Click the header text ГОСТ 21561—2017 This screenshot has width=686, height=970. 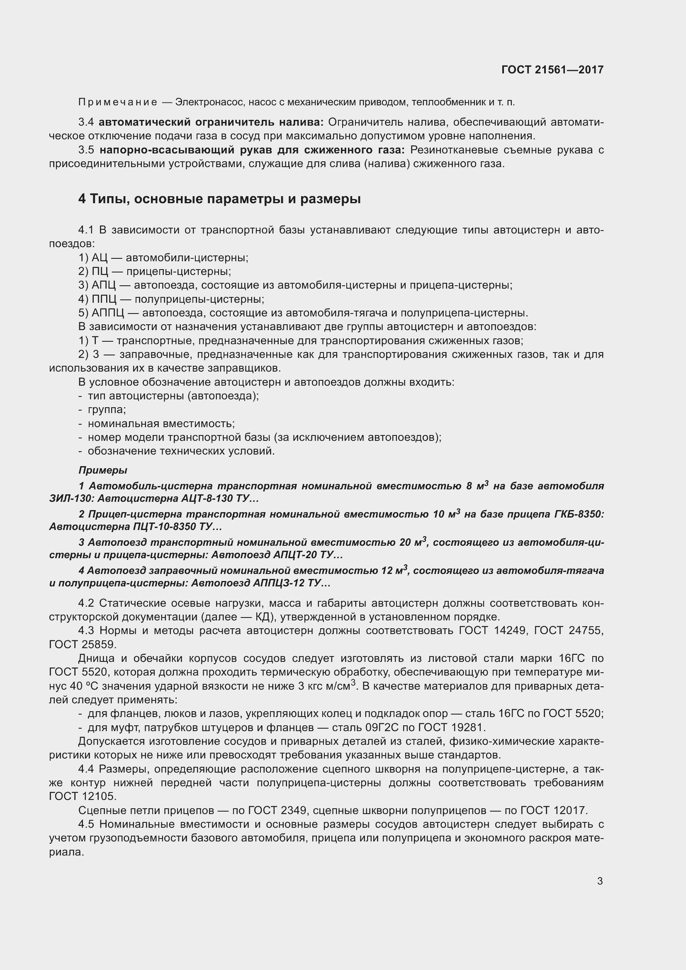click(552, 70)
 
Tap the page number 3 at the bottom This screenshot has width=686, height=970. click(600, 881)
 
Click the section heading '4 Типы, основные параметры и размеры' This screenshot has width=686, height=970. click(219, 199)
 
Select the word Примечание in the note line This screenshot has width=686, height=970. click(118, 102)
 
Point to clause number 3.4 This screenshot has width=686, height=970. click(86, 122)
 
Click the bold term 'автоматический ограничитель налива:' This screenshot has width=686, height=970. click(211, 122)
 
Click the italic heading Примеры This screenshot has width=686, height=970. click(102, 470)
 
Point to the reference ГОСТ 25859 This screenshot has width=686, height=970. click(82, 645)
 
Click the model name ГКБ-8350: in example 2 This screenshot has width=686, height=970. click(579, 514)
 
